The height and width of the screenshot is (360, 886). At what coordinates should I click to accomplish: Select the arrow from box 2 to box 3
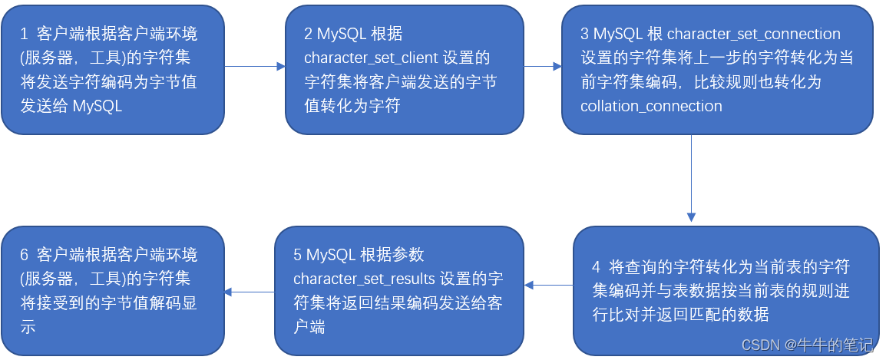tap(543, 67)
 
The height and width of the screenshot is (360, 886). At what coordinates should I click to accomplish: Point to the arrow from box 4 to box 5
tap(549, 286)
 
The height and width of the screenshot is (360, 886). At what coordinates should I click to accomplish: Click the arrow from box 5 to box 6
tap(249, 291)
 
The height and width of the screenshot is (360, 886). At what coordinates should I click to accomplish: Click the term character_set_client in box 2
tap(372, 58)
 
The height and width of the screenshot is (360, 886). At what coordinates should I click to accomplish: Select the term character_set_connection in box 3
tap(753, 35)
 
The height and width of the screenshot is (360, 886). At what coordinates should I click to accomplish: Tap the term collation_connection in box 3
tap(651, 106)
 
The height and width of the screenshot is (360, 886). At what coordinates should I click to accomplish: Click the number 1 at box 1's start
tap(25, 34)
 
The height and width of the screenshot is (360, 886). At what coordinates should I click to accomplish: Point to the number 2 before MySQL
tap(309, 35)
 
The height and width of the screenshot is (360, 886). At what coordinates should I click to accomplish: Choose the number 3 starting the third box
tap(585, 35)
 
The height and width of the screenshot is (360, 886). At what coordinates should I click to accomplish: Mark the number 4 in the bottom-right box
tap(596, 267)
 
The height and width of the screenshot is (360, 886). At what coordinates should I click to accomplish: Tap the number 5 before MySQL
tap(298, 255)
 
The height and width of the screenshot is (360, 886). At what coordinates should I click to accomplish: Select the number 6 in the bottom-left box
tap(25, 255)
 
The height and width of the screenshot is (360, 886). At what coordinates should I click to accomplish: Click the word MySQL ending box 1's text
tap(98, 106)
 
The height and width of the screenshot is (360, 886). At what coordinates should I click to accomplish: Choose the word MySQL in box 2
tap(340, 35)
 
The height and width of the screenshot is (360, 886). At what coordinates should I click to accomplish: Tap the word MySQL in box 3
tap(617, 35)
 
